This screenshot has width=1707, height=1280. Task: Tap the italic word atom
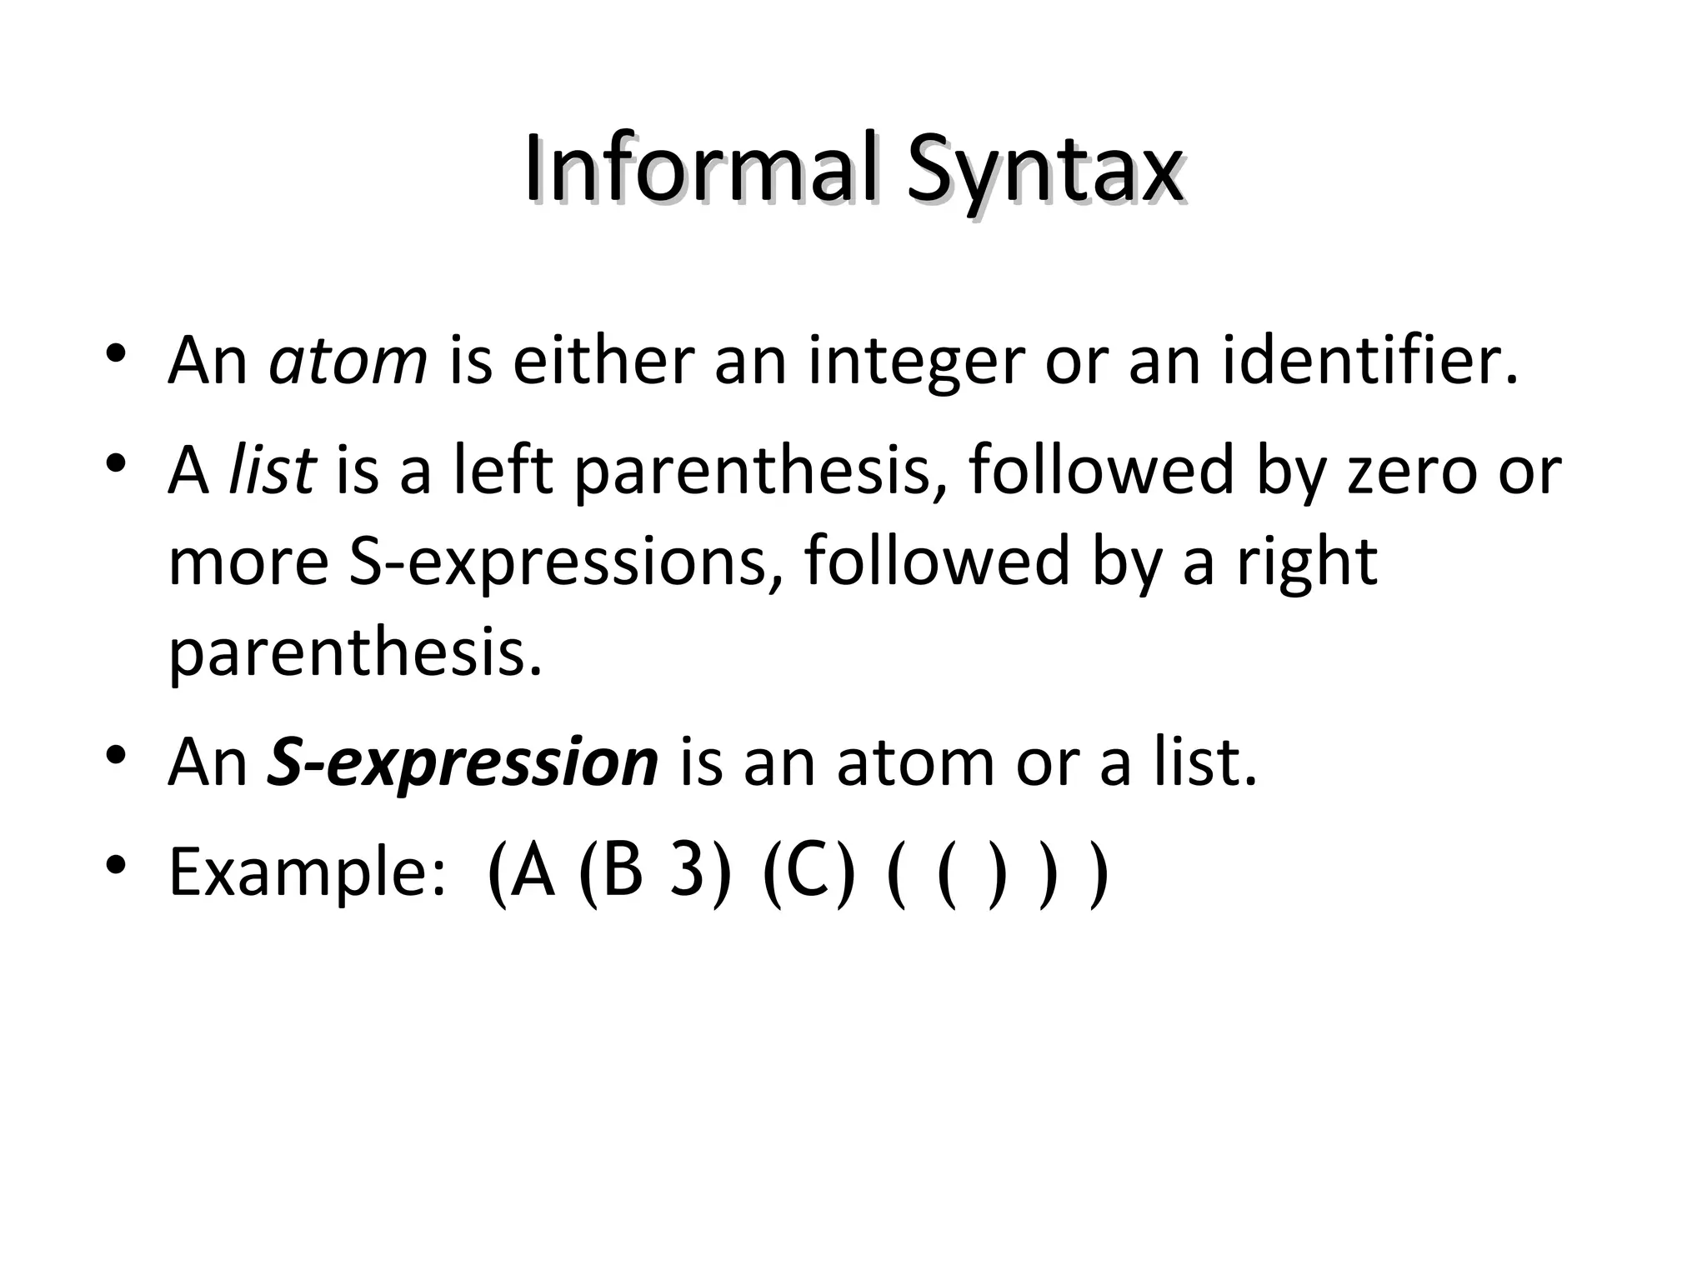click(x=348, y=361)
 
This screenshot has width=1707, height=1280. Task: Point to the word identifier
click(x=1369, y=361)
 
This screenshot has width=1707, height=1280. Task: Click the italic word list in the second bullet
click(x=273, y=470)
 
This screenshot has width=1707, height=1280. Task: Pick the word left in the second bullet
click(x=503, y=470)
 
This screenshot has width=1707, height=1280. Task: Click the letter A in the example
click(x=533, y=871)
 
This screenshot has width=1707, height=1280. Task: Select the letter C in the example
click(x=808, y=871)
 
